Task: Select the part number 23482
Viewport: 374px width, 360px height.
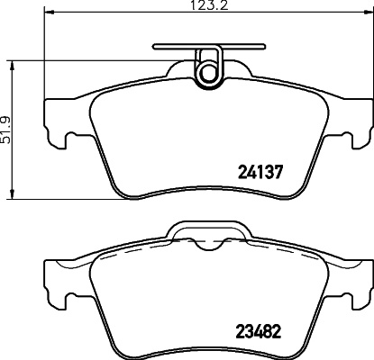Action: click(260, 330)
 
